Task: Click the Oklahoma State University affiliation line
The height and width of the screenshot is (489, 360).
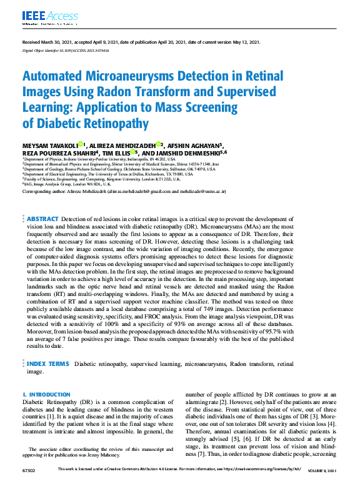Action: coord(119,169)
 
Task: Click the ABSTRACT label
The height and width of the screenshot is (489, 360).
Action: coord(43,219)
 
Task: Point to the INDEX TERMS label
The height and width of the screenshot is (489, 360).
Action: coord(49,363)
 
